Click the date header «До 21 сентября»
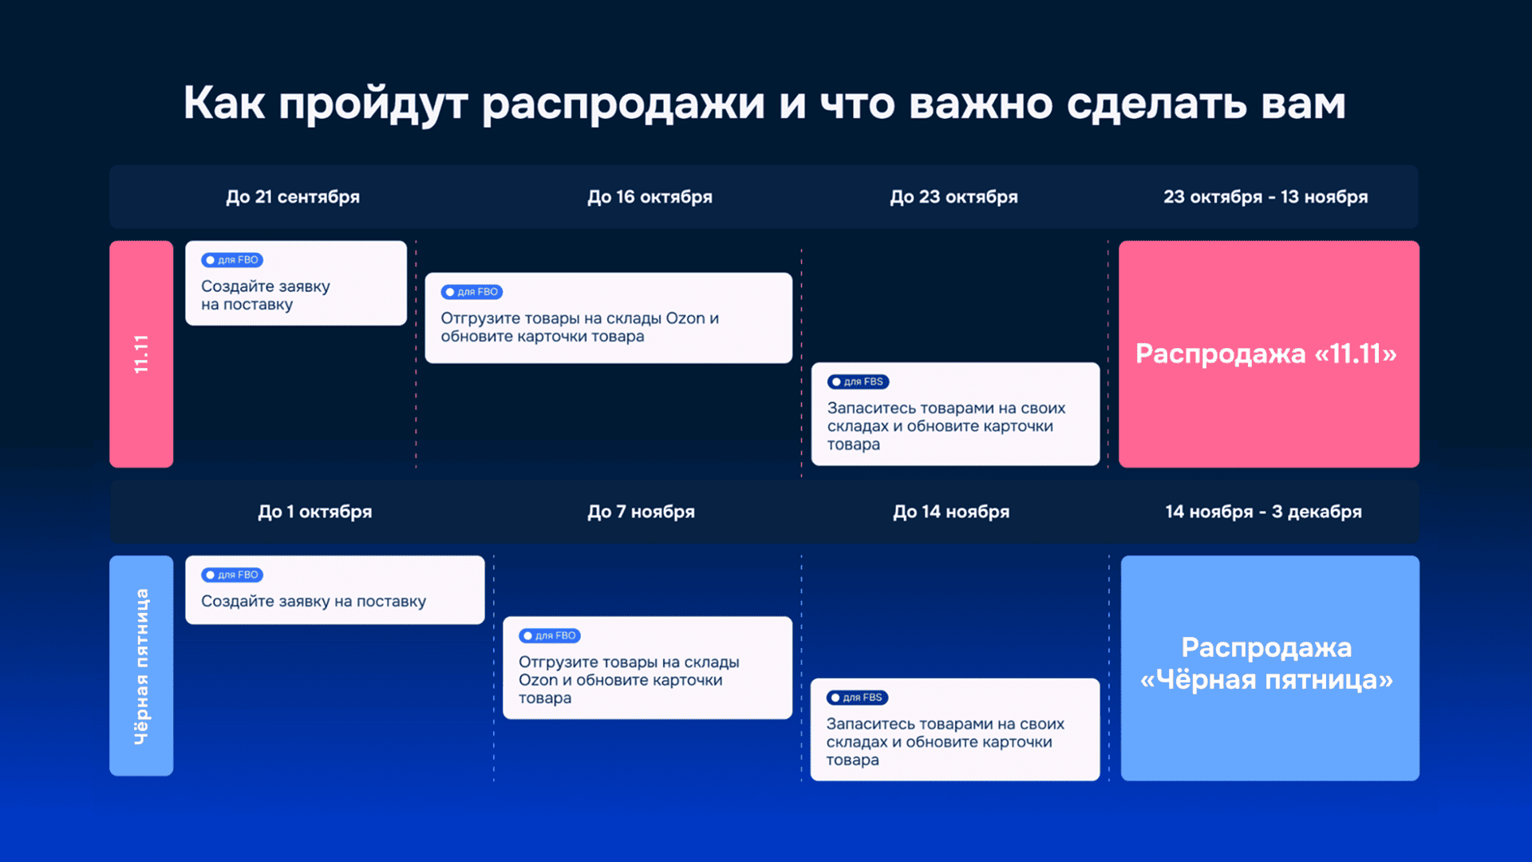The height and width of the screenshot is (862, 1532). coord(293,197)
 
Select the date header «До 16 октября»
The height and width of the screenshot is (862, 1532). coord(650,197)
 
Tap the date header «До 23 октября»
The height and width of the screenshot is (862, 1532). coord(954,197)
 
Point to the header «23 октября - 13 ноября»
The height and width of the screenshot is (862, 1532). coord(1265,197)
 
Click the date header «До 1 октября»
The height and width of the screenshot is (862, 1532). coord(314,512)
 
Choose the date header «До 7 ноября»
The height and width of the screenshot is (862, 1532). coord(641,512)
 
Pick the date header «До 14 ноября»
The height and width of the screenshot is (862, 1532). coord(951,512)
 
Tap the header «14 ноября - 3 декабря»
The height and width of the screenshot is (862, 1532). coord(1263,512)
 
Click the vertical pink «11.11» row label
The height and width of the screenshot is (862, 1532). coord(141,354)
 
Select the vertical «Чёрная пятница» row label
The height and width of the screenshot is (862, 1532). coord(141,666)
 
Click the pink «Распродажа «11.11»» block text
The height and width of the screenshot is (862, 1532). coord(1266,354)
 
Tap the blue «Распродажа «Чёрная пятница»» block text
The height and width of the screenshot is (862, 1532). coord(1266,663)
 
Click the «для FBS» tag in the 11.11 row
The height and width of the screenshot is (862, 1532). coord(858,382)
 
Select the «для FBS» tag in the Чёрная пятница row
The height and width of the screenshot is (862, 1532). coord(857,698)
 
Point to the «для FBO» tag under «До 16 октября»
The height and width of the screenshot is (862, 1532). coord(472,292)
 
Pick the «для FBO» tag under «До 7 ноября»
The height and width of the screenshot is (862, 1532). coord(550,636)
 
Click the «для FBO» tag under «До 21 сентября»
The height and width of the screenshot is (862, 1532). coord(232,260)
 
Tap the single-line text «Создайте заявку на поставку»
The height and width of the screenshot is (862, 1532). coord(314,601)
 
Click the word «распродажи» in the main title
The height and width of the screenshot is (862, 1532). coord(623,105)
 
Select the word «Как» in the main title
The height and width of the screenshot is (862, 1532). coord(224,103)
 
